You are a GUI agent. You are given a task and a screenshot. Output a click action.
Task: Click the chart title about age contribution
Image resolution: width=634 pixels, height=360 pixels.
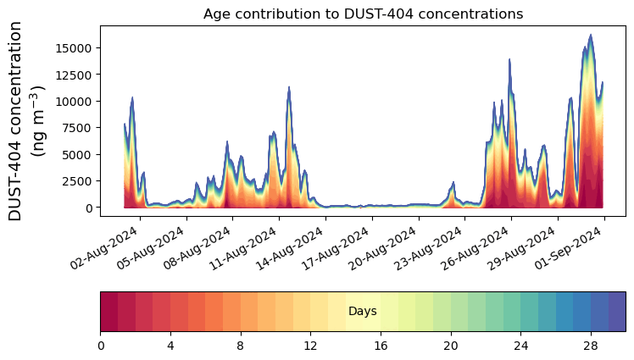(x=363, y=14)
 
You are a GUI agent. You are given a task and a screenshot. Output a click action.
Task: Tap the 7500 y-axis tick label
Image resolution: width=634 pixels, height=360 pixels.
(x=76, y=128)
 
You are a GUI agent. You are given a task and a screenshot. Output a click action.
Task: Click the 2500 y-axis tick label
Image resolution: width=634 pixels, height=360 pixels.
(x=76, y=180)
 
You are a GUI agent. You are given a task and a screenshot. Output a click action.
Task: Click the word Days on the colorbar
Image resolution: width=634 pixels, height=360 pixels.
(x=363, y=312)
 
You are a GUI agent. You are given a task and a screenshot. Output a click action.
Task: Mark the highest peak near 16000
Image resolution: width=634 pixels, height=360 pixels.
(x=591, y=35)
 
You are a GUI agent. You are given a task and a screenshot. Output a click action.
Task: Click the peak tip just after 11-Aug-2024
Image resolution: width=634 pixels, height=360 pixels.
(x=289, y=86)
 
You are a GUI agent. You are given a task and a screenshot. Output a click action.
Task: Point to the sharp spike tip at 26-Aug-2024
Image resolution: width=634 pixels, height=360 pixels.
(x=509, y=59)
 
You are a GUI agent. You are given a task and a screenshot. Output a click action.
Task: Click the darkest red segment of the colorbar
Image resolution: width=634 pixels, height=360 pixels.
(x=109, y=311)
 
